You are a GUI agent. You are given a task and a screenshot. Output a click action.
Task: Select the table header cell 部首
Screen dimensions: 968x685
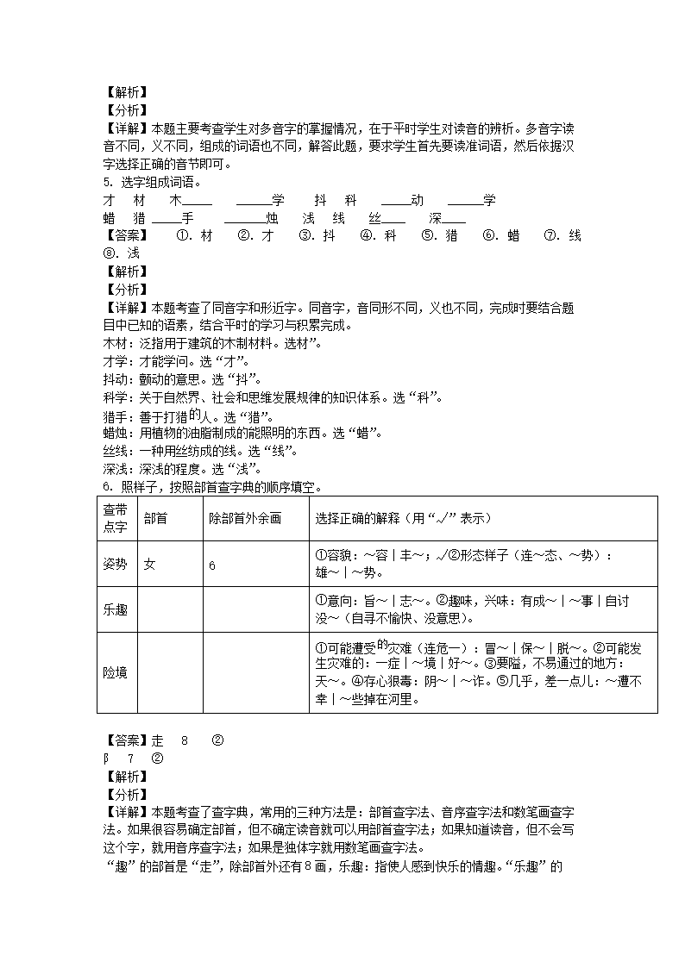coord(156,518)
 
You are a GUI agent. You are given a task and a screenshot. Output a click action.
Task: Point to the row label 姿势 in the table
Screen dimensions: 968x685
coord(115,565)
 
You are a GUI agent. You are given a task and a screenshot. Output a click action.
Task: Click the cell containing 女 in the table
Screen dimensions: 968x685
coord(150,565)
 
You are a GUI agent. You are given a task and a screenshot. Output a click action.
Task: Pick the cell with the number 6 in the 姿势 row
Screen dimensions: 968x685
coord(212,565)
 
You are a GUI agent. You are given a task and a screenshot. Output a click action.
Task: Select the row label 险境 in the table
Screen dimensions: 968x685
coord(115,672)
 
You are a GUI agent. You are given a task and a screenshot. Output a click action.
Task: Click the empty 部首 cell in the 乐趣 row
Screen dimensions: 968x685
coord(170,609)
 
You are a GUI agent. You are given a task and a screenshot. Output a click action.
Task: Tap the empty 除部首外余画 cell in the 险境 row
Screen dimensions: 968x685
coord(255,672)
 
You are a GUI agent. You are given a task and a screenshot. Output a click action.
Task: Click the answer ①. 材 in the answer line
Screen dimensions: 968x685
coord(194,235)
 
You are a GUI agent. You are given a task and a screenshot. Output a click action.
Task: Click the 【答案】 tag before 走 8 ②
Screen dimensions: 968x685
coord(125,740)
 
